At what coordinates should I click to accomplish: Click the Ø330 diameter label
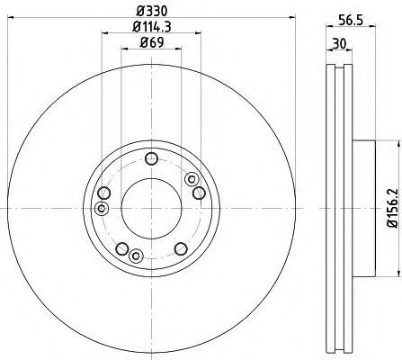click(149, 10)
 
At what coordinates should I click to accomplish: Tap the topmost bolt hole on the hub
click(150, 163)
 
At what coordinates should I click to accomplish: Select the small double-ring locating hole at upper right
click(191, 179)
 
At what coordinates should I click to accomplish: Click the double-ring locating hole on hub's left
click(102, 209)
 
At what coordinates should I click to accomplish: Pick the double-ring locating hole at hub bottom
click(135, 256)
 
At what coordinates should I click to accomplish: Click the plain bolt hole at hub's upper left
click(106, 193)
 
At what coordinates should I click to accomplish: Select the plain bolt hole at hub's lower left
click(120, 249)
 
